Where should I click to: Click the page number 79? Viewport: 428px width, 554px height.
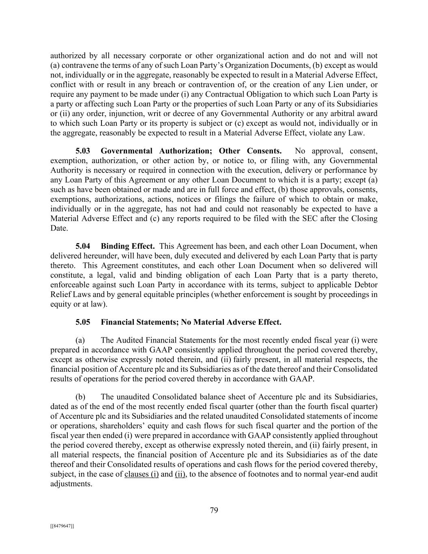(x=214, y=510)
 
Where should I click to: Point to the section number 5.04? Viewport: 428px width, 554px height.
(x=83, y=246)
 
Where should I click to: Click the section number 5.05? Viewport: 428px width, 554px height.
(x=83, y=322)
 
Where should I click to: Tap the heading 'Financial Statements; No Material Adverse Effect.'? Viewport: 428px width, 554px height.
(x=191, y=322)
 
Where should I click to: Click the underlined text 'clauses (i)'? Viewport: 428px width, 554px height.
(x=142, y=474)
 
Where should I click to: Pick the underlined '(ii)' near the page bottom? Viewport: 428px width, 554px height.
(x=181, y=474)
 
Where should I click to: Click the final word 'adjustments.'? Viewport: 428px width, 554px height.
(x=71, y=484)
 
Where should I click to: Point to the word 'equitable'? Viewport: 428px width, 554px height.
(x=157, y=294)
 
